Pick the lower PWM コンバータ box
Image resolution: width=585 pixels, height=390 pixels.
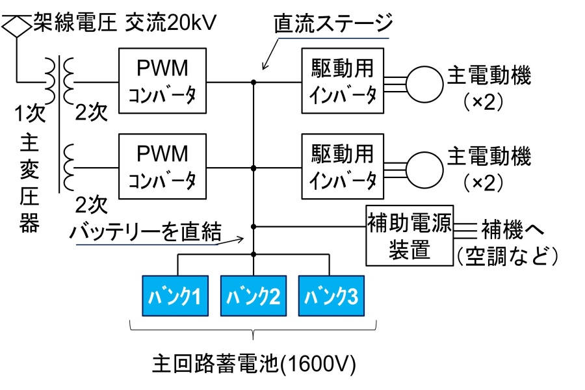tap(162, 166)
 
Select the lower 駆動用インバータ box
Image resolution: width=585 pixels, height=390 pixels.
tap(342, 166)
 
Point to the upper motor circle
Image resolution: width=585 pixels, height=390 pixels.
tap(423, 82)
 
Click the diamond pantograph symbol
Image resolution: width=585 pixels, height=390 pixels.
tap(16, 27)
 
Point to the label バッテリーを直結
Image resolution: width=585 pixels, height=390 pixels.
tap(147, 230)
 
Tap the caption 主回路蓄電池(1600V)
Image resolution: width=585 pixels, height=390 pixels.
tap(254, 361)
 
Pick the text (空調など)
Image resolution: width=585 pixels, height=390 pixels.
tap(508, 257)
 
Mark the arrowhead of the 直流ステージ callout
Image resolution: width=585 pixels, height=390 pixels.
tap(264, 68)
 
